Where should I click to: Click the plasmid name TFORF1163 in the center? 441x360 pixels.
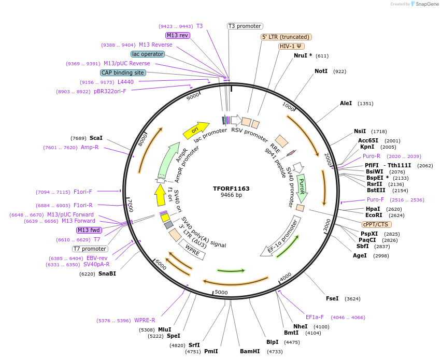(231, 189)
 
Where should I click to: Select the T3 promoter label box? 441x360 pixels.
(245, 26)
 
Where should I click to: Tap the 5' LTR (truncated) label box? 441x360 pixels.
(286, 37)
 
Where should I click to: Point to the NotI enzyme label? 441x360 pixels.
(321, 71)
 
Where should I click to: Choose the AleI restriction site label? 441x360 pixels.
(346, 104)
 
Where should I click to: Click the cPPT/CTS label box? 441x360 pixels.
(377, 224)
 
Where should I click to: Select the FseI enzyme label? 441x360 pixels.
(332, 298)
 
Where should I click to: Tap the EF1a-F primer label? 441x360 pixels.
(315, 317)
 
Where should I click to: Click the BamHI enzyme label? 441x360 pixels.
(250, 351)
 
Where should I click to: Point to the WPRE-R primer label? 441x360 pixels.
(145, 320)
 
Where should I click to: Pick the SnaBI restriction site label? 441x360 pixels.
(107, 273)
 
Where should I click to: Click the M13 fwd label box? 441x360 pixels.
(89, 230)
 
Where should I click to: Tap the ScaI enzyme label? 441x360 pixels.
(96, 138)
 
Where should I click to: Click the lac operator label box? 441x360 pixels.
(148, 54)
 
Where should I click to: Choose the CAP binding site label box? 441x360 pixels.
(123, 73)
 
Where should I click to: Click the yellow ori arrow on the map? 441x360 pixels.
(195, 130)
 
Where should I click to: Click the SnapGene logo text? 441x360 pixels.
(425, 4)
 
